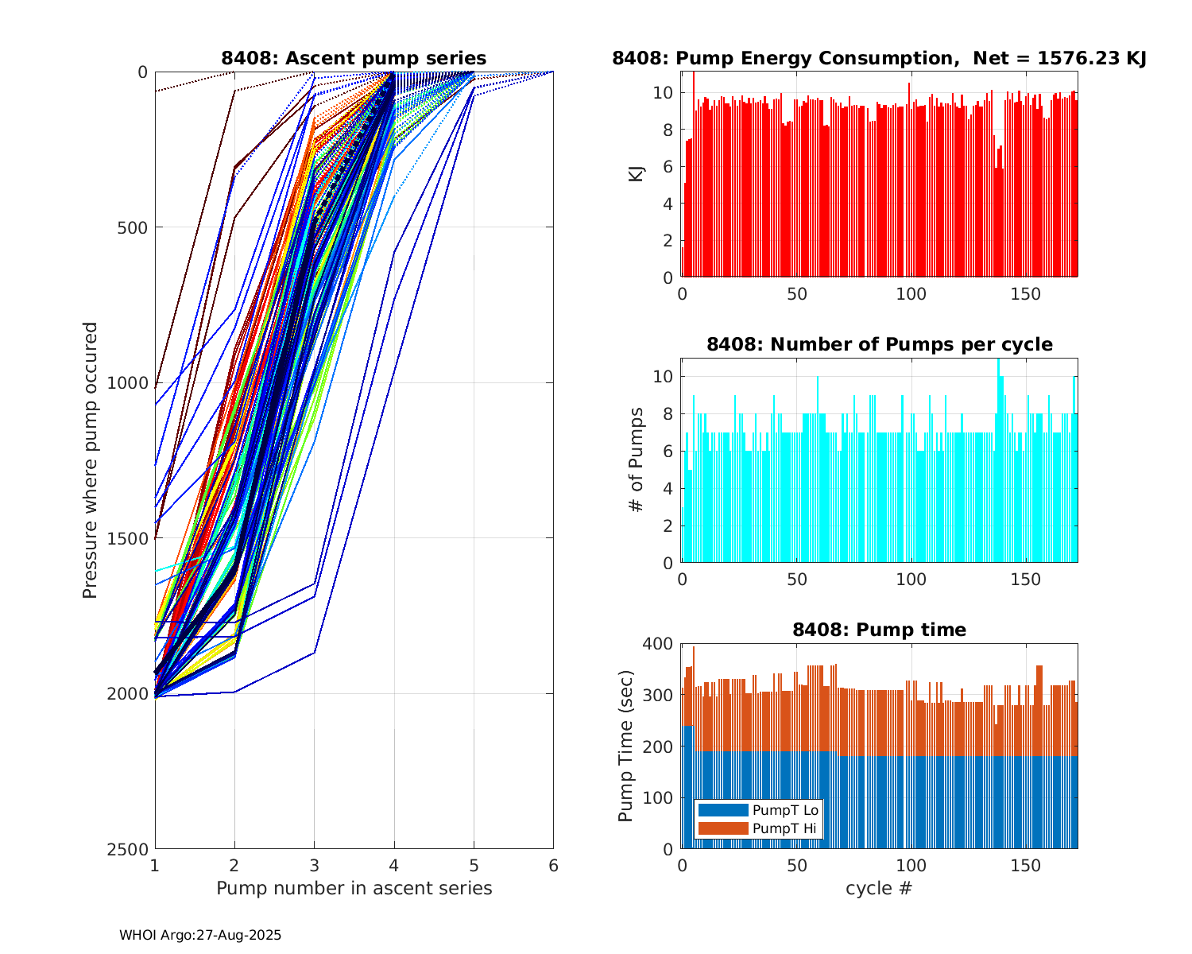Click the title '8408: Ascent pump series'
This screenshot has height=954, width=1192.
[x=354, y=58]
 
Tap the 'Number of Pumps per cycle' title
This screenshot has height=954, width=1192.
[x=879, y=344]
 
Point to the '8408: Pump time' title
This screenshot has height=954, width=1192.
[x=879, y=630]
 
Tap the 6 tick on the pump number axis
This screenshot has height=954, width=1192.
[x=553, y=866]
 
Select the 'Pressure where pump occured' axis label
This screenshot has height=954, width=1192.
[x=91, y=460]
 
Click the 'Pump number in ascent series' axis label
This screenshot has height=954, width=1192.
[x=354, y=888]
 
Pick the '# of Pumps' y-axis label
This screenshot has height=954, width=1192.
[x=637, y=460]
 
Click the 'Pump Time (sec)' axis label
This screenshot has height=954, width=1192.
[x=626, y=746]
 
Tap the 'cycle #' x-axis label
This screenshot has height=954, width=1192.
[x=879, y=888]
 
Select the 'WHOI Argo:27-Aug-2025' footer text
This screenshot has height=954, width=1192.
[x=200, y=936]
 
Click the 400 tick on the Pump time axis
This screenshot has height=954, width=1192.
[x=658, y=643]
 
